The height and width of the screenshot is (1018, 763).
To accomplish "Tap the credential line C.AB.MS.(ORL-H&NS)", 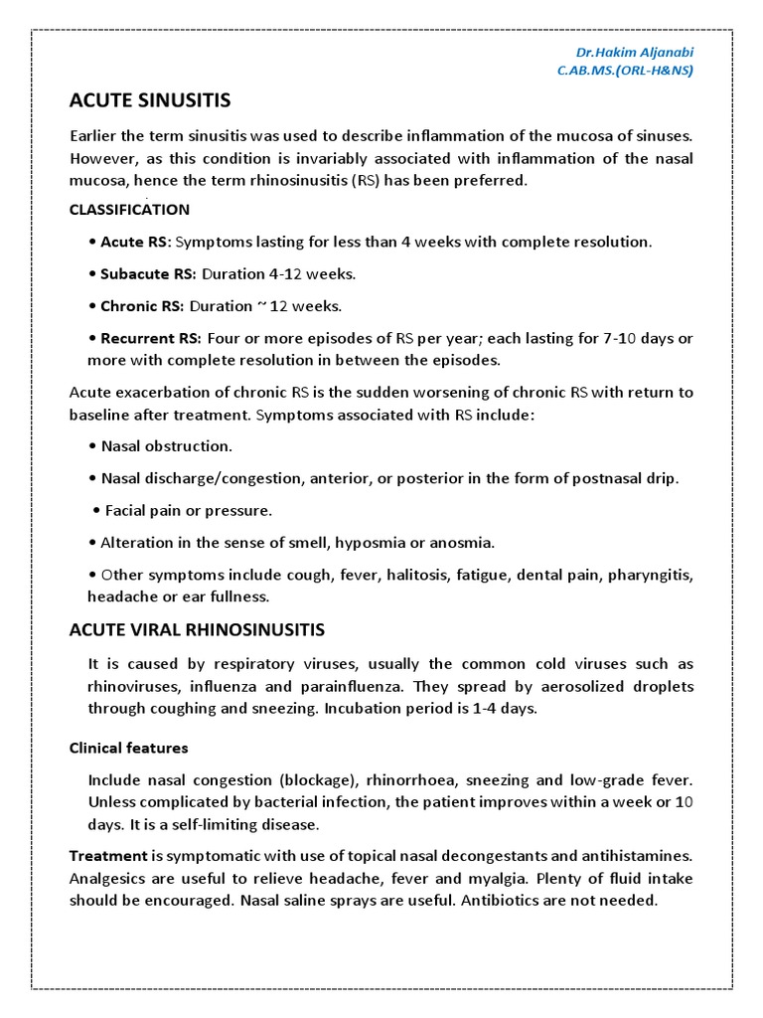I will coord(625,70).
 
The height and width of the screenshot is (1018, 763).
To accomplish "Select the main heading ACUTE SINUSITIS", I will coord(150,100).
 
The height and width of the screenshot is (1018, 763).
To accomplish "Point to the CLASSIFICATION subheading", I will coord(129,210).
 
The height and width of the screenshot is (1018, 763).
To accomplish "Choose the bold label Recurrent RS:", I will coord(151,338).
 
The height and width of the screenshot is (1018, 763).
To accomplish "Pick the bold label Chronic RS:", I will coord(142,306).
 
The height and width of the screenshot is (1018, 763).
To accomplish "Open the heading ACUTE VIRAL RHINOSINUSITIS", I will coord(197,629).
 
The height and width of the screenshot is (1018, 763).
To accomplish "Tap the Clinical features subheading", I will coord(128,748).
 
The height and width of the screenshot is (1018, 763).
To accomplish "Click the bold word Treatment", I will coord(107,855).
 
